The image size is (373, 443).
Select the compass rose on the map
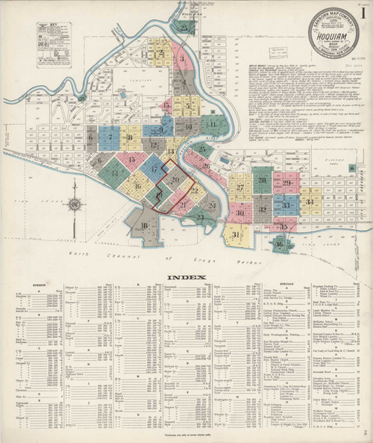[75, 205]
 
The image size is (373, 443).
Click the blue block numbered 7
[110, 137]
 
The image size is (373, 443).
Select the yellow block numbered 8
[131, 137]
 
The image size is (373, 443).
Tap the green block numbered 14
[116, 173]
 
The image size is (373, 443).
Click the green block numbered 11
[213, 125]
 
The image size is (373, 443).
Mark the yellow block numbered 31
[236, 235]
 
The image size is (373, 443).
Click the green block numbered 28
[262, 180]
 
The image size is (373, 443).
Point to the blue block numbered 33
[286, 204]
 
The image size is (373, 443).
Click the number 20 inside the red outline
[175, 179]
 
